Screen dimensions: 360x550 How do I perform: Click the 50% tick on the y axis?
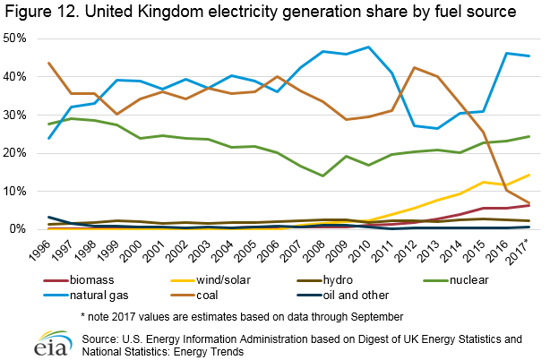click(x=17, y=39)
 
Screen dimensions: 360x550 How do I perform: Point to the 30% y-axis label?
click(x=17, y=115)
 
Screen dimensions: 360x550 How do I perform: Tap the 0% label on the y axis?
click(x=21, y=229)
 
